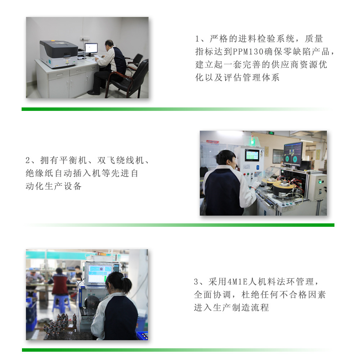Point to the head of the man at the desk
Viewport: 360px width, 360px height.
point(109,44)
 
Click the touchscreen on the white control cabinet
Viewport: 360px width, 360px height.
point(252,155)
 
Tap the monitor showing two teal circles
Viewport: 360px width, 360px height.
point(293,154)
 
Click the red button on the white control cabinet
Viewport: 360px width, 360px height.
point(245,174)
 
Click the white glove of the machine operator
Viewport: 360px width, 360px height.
point(256,184)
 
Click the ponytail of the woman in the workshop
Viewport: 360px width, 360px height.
point(126,284)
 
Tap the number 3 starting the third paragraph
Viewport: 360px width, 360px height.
point(196,282)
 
